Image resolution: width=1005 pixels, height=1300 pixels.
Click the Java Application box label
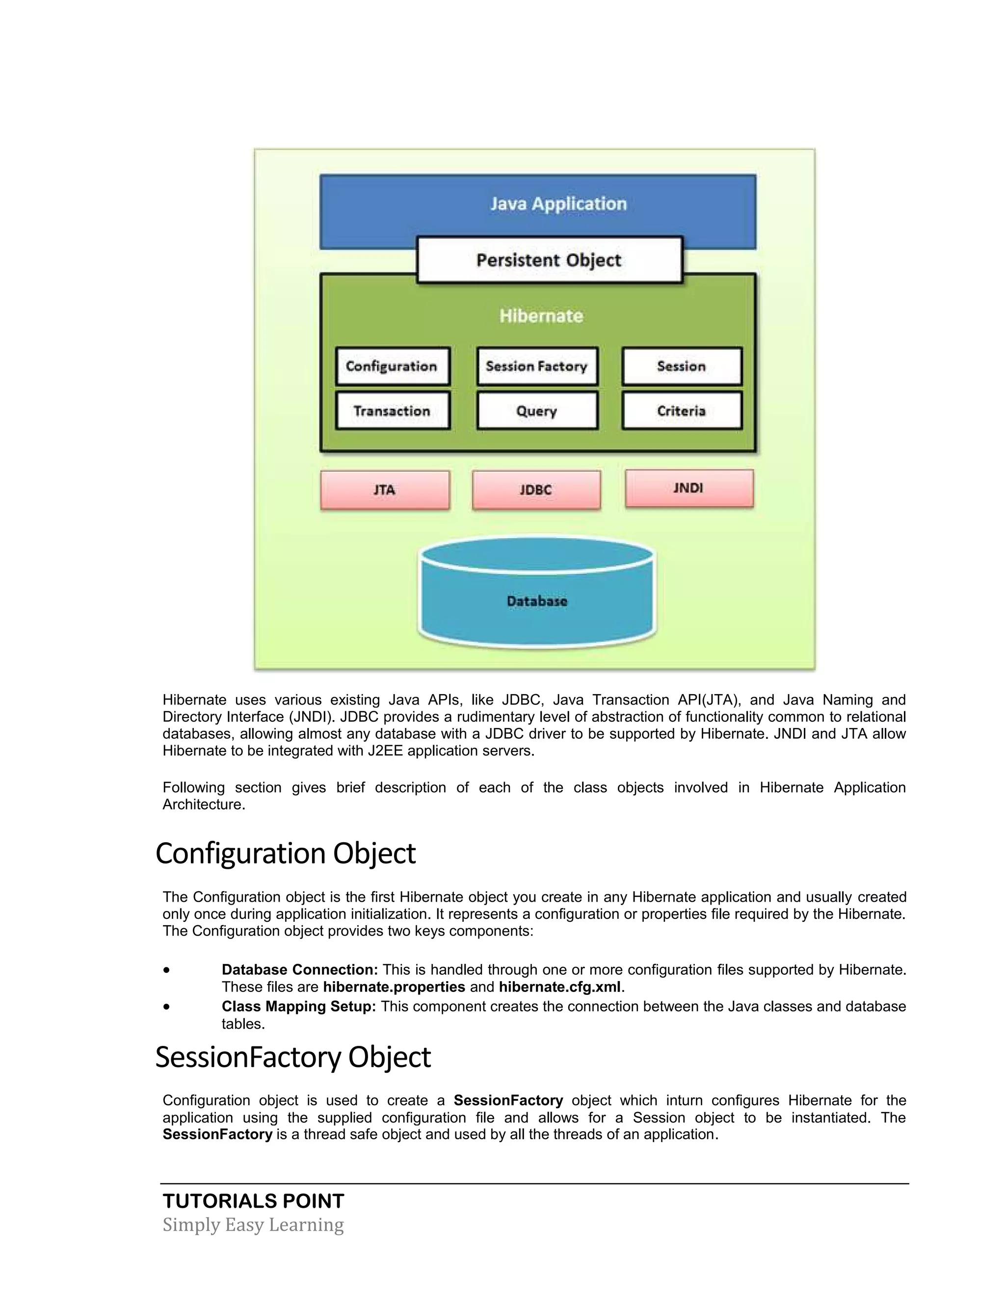tap(558, 204)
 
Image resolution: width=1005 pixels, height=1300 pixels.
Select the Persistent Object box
tap(549, 260)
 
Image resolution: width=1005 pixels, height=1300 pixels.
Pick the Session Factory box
tap(536, 366)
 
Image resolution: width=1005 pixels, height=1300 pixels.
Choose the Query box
tap(536, 411)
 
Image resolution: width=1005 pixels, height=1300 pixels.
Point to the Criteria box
tap(681, 411)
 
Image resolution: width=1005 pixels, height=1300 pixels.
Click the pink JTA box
tap(385, 490)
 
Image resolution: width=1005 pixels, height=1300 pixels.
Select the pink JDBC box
tap(536, 490)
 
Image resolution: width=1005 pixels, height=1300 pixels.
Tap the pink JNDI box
tap(688, 488)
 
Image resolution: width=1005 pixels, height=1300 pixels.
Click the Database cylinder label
tap(537, 601)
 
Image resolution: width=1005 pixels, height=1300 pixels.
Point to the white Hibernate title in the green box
tap(541, 315)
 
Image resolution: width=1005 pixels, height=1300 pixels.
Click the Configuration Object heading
tap(285, 854)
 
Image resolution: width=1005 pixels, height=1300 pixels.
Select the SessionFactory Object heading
tap(293, 1057)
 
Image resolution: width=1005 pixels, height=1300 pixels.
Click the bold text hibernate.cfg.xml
tap(559, 987)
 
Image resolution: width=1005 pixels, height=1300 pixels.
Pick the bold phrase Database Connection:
tap(299, 970)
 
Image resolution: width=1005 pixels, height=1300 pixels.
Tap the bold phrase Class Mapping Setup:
tap(298, 1007)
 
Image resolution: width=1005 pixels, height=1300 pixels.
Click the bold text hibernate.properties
tap(394, 987)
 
